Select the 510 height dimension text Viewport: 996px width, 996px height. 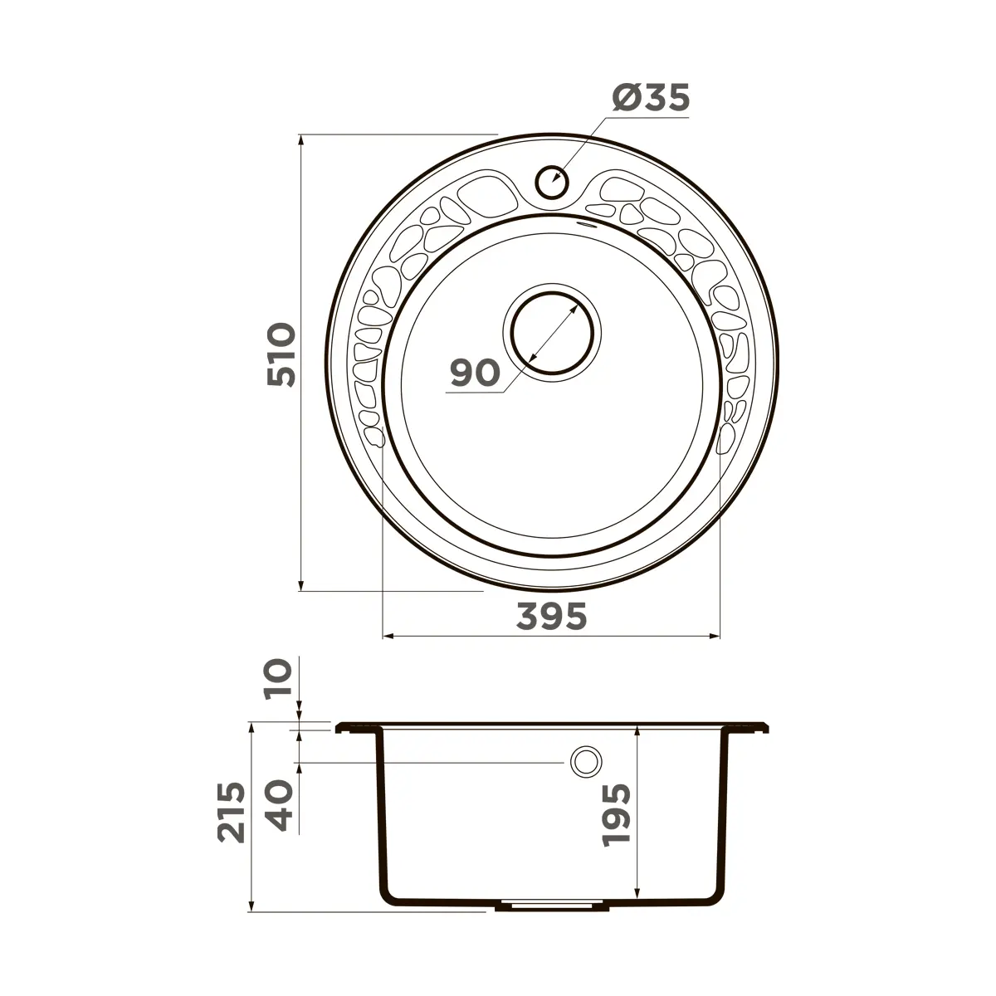point(281,354)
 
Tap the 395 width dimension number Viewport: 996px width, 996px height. point(551,616)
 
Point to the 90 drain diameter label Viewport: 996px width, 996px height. point(475,373)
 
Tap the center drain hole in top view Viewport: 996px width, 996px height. point(552,332)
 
